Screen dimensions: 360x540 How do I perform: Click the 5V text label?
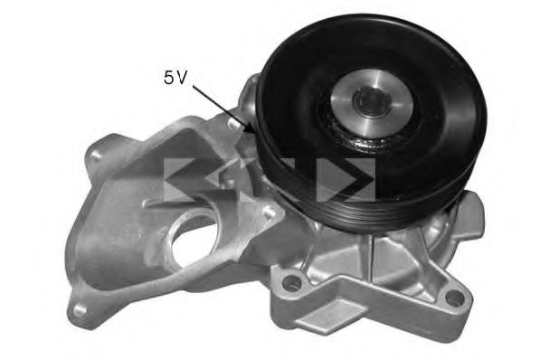click(175, 78)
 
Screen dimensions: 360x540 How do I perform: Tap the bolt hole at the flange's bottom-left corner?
click(81, 308)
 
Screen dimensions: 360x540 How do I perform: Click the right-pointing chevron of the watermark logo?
click(355, 178)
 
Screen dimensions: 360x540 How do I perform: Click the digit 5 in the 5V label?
click(168, 78)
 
